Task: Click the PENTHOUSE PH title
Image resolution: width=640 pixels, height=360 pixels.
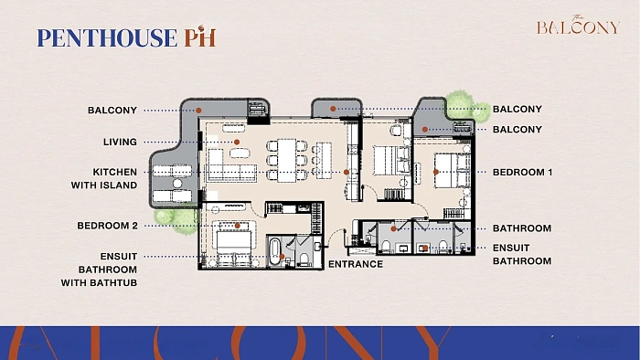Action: coord(126,37)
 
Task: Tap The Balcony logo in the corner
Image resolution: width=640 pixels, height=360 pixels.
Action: coord(578,26)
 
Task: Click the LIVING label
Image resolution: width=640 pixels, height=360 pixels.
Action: coord(120,142)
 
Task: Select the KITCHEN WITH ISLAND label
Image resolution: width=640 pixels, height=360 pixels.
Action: coord(104,178)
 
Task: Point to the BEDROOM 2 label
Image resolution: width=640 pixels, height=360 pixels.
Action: coord(107,226)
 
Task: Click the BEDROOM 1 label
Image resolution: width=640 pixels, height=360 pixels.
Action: coord(522,172)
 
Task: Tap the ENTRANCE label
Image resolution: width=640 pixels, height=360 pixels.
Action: coord(356,264)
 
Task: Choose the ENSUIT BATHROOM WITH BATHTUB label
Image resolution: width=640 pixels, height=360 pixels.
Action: coord(99,270)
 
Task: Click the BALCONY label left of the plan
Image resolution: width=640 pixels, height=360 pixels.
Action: coord(112,110)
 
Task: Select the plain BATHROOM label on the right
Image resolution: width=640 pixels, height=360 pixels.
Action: coord(522,228)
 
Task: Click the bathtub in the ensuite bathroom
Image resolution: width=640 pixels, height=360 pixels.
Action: coord(274,250)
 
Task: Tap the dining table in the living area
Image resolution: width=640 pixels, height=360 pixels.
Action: coord(287,160)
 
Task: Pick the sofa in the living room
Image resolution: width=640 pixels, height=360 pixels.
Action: coord(231,166)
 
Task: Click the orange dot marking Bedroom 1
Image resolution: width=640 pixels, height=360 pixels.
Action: coord(436,172)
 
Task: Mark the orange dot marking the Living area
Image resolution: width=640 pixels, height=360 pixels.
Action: coord(237,142)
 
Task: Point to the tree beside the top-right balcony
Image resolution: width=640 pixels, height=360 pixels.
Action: coord(468,107)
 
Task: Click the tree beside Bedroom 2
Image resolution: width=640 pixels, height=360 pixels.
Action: coord(177,219)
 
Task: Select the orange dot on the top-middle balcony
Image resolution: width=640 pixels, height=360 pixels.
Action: coord(333,109)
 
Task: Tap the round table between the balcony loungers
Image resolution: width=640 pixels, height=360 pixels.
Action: coord(177,184)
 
